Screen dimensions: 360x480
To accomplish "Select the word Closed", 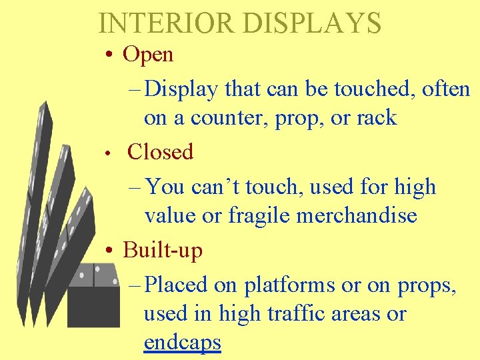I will (160, 152).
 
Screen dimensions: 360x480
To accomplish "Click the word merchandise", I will (362, 215).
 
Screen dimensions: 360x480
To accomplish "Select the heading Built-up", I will (163, 250).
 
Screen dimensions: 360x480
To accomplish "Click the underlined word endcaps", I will (182, 343).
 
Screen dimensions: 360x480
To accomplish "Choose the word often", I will (446, 88).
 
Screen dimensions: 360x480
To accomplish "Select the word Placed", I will (176, 285).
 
